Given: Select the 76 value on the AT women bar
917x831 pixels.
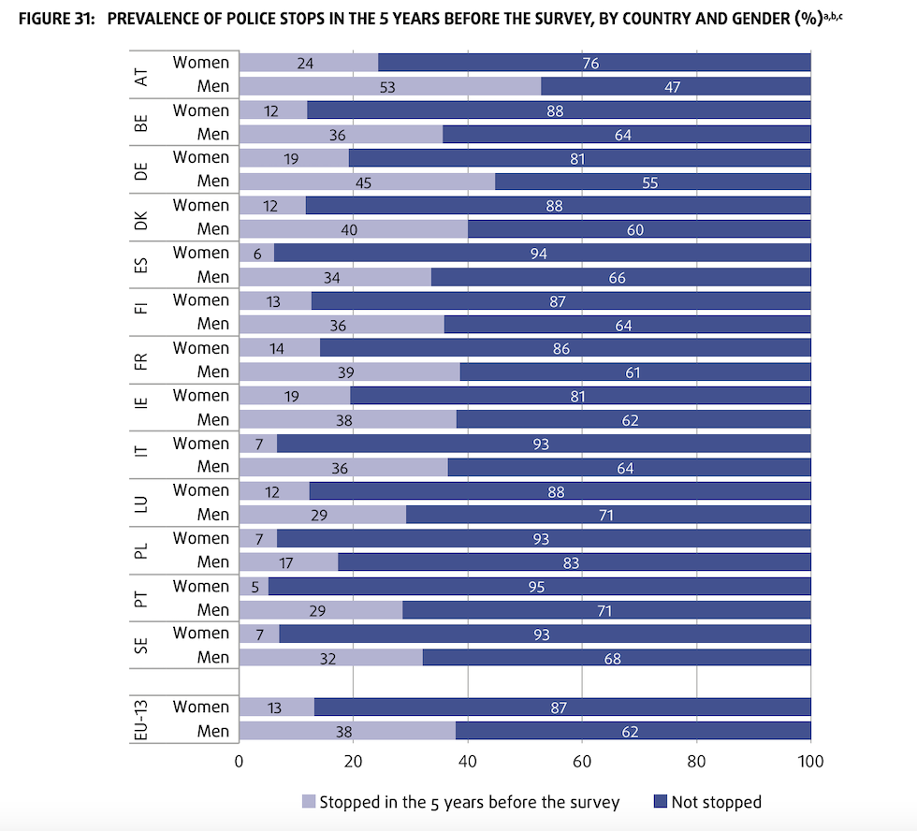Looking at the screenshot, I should (x=589, y=64).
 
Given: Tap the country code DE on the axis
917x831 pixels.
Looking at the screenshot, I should (x=142, y=170).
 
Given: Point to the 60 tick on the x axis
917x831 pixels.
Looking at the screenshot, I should (x=582, y=762).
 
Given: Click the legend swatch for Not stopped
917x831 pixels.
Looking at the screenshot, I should (x=661, y=802).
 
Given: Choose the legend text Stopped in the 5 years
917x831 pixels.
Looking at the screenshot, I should (x=469, y=802).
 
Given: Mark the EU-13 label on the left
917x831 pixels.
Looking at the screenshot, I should (x=142, y=719).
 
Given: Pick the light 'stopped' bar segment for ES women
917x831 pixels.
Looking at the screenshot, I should (x=256, y=254).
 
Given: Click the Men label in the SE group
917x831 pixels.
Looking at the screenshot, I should (x=212, y=657).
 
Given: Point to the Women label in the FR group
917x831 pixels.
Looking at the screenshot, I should (x=200, y=348).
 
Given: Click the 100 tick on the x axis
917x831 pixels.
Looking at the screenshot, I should (x=810, y=762).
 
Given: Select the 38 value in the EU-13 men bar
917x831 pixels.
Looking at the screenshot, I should (x=344, y=731).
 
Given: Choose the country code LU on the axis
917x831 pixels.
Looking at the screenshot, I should (x=142, y=503).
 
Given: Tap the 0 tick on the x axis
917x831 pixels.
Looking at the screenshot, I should (x=240, y=762).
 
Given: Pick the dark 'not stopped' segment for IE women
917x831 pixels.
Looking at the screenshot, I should (x=580, y=396).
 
